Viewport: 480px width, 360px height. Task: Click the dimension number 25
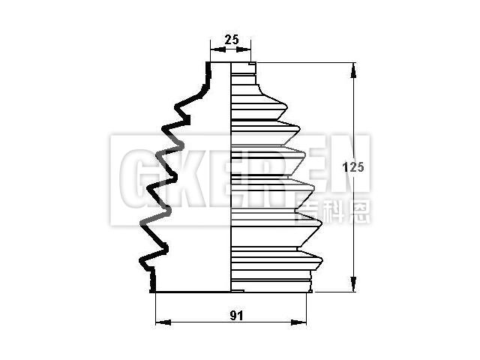coord(232,40)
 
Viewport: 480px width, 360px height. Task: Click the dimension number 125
coord(353,167)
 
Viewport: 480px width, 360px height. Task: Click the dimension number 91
coord(236,316)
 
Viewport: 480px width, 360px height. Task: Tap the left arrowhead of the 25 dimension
coord(218,49)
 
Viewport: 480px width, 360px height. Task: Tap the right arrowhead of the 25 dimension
coord(243,49)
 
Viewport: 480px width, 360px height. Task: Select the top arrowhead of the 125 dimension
coord(353,70)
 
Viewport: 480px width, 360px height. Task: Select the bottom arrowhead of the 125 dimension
coord(353,284)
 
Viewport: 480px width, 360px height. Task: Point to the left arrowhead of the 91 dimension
coord(163,322)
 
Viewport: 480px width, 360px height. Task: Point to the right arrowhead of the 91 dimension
coord(298,322)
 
